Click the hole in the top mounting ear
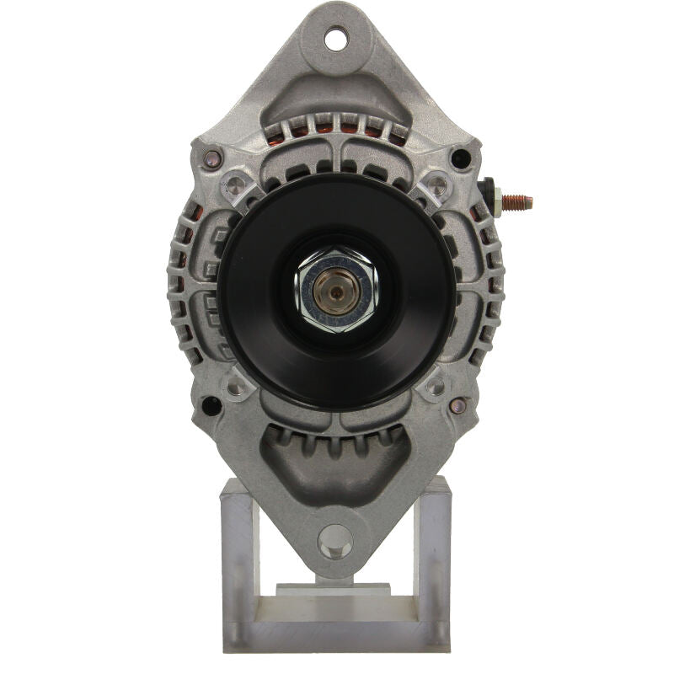pos(336,37)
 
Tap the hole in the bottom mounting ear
pos(335,540)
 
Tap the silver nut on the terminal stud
pos(497,203)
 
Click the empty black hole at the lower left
pos(211,405)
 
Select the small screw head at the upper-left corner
pos(213,157)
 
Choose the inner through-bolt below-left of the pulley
pos(237,387)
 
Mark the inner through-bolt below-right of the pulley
pos(436,387)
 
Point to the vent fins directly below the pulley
pos(336,439)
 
